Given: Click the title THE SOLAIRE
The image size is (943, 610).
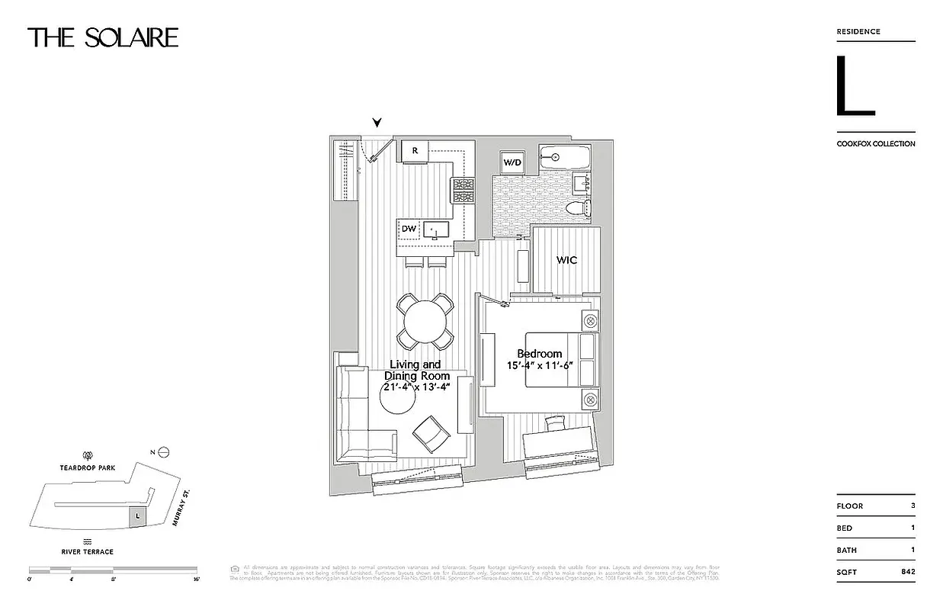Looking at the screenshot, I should point(103,37).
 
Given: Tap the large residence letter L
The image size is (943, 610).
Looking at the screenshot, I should point(854,86).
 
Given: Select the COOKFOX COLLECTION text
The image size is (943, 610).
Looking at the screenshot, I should point(876,143).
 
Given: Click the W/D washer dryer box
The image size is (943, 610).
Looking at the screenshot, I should point(511,162).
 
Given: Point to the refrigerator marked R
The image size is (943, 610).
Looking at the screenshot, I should point(415,151).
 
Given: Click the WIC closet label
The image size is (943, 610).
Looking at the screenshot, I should point(566,260).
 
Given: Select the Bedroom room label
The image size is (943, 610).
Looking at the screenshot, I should point(539,354).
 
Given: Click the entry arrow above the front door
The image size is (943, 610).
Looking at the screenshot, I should point(377,123).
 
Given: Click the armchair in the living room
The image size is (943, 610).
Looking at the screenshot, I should point(431,434).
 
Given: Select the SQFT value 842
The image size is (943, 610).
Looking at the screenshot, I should point(907,571).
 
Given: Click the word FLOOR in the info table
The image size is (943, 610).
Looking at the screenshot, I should point(850,506).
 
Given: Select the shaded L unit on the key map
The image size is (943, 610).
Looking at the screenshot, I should point(136,515).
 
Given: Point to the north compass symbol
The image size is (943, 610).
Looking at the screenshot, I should point(162,452).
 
